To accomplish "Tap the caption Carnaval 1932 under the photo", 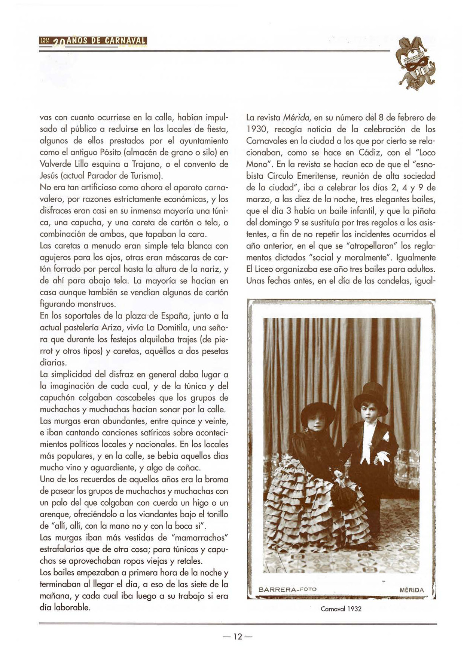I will tap(341, 609).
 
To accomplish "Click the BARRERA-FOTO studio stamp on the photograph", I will tap(287, 589).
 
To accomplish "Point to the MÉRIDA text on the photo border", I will tap(412, 590).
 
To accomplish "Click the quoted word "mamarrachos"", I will tap(200, 538).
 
